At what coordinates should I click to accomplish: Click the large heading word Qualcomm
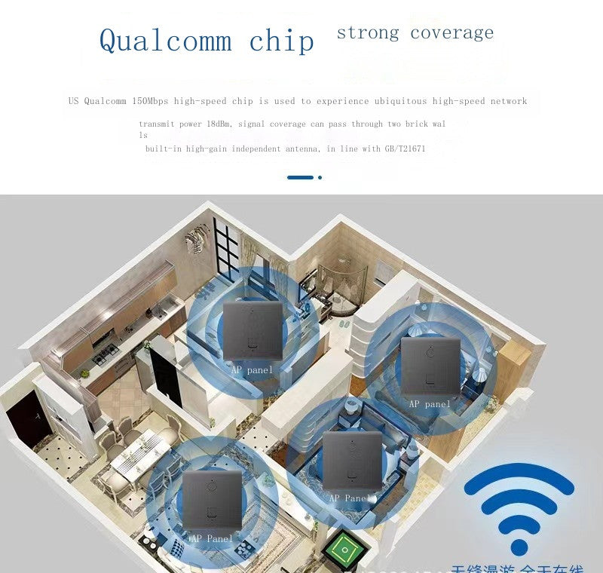point(165,40)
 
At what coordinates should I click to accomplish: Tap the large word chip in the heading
point(281,40)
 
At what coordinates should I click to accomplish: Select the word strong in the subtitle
point(368,32)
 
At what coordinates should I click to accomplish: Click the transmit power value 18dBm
point(219,124)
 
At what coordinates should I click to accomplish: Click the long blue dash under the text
point(300,177)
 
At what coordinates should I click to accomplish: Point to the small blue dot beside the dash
point(320,177)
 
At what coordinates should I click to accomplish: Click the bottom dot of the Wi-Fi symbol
point(519,547)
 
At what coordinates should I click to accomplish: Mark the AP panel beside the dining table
point(212,499)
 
